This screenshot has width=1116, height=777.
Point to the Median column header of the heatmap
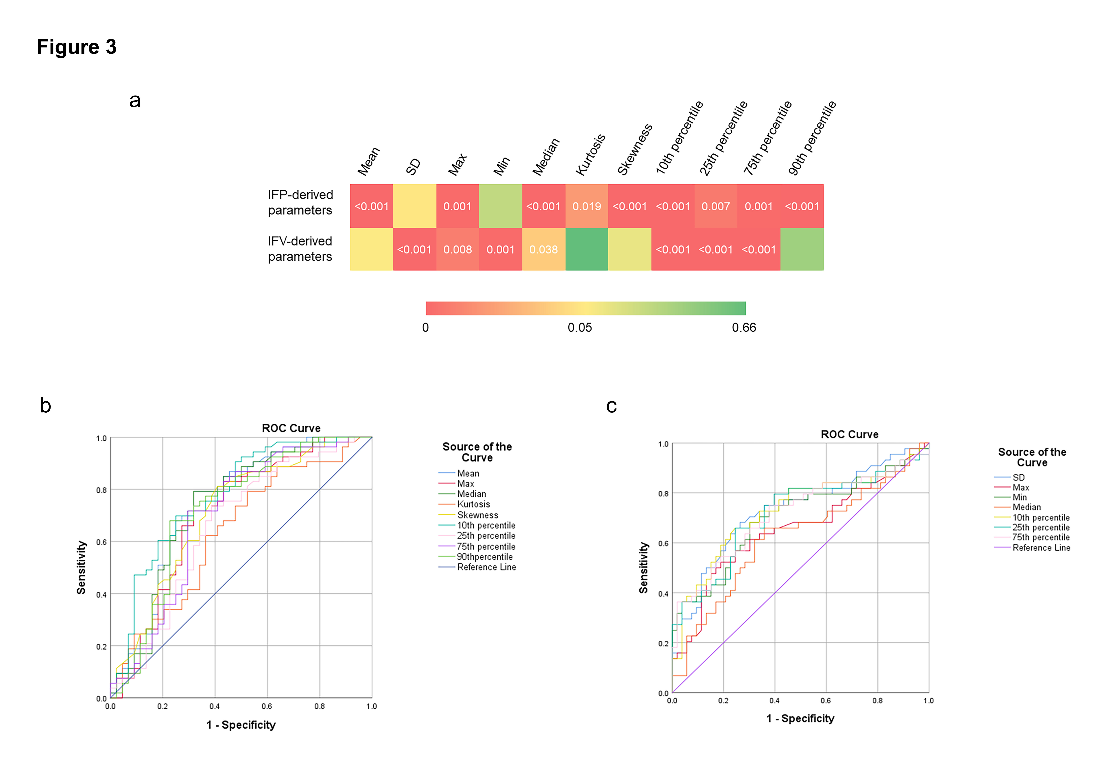point(546,156)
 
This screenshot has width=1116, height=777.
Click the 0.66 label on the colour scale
point(744,328)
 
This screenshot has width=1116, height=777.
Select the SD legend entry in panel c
point(1018,477)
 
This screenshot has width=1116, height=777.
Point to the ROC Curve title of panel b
point(291,428)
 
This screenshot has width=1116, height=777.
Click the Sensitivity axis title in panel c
point(644,567)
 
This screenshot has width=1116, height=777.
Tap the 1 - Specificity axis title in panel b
point(241,725)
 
